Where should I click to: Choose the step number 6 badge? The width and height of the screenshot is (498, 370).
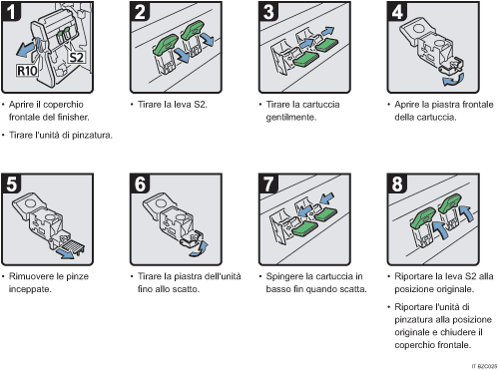(141, 185)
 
